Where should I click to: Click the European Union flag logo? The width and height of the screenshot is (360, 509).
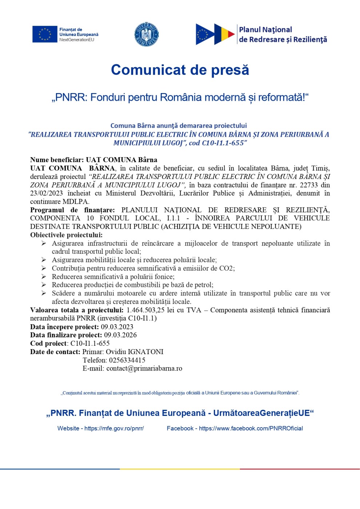point(45,34)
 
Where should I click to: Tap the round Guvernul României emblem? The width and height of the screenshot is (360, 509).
point(146,35)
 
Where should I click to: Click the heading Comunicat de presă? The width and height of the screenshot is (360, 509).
point(180,70)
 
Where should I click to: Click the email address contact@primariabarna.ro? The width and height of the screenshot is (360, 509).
point(144,369)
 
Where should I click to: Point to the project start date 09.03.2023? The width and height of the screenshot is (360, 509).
point(117,327)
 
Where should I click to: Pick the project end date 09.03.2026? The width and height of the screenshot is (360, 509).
point(120,335)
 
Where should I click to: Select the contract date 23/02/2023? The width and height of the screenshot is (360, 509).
point(47,193)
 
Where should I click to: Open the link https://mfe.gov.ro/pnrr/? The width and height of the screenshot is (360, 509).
point(114,428)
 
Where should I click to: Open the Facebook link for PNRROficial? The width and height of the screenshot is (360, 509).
point(251,428)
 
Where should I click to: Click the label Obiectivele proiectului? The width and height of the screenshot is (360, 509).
point(66,235)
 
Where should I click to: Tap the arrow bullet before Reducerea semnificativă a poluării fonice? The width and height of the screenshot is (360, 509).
point(44,277)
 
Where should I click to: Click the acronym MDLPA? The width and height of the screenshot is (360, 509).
point(76,202)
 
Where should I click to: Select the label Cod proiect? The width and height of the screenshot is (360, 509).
point(48,344)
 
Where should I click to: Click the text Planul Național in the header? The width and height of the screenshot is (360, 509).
point(265,30)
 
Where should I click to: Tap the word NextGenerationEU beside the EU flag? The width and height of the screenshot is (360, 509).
point(77,40)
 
